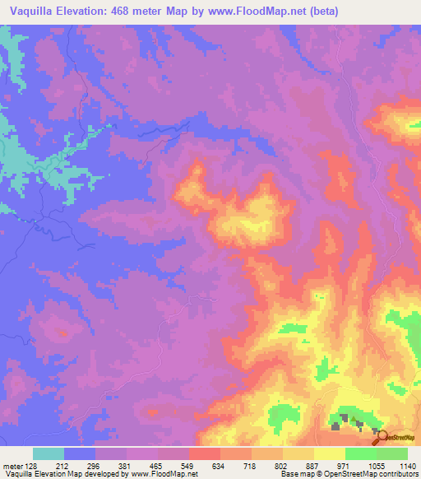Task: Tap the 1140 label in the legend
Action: tap(407, 464)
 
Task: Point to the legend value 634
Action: tap(220, 464)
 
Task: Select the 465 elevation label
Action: tap(157, 464)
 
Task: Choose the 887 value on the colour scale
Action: tap(313, 464)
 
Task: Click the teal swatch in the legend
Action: tap(49, 453)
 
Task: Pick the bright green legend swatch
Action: tap(360, 453)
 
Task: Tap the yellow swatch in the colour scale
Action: tap(329, 453)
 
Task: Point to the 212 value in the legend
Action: tap(63, 464)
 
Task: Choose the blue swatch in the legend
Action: tap(80, 453)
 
